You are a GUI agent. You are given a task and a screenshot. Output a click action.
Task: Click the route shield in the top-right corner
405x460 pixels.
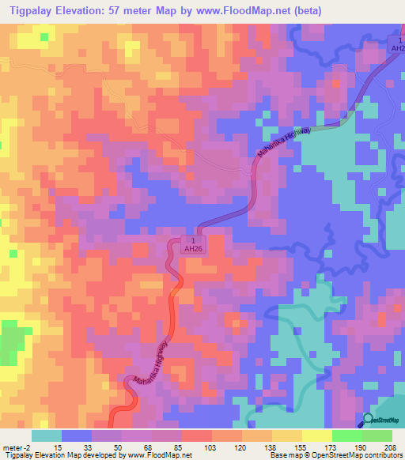coord(396,44)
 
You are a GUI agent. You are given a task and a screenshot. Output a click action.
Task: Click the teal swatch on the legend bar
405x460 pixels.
coord(47,436)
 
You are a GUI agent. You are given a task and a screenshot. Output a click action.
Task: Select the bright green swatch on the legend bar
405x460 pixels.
coord(346,436)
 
